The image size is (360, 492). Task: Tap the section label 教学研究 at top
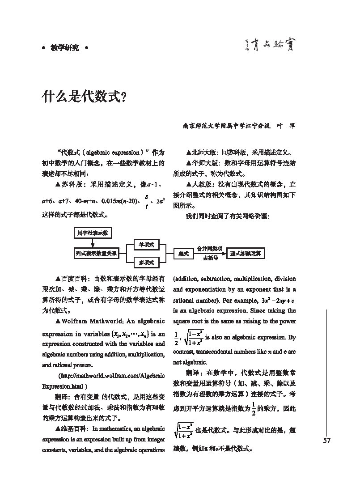64,47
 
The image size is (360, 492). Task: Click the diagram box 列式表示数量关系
96,254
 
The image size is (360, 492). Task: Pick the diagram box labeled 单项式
146,245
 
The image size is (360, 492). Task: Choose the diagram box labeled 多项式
146,263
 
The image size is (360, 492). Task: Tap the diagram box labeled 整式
183,254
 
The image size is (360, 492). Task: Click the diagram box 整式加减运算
246,253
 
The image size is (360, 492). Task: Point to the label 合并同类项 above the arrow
210,248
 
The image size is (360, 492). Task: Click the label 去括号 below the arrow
210,258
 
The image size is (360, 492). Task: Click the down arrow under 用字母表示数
93,243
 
